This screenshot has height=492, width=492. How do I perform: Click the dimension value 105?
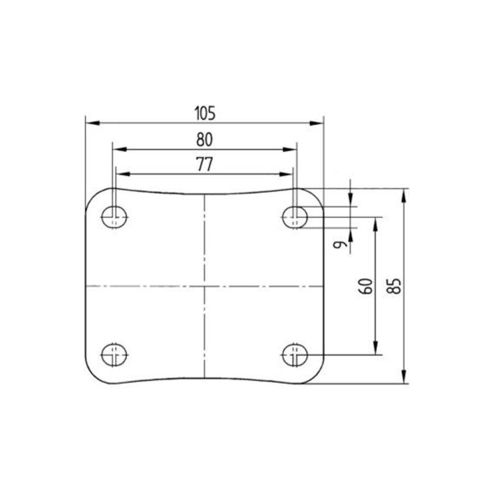[205, 113]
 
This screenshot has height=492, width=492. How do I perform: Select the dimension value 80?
[204, 139]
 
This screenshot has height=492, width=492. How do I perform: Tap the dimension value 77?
[204, 165]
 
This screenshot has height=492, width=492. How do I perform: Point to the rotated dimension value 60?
[367, 285]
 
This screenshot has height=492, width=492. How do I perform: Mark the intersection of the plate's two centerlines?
[204, 286]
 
